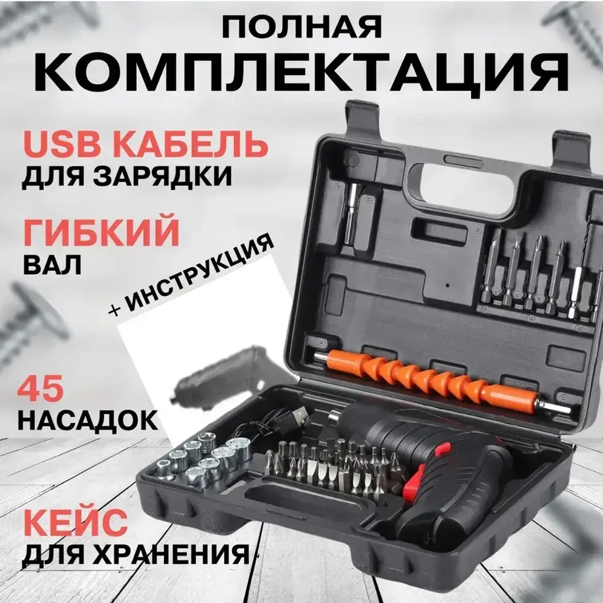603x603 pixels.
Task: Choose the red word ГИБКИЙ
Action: [x=101, y=231]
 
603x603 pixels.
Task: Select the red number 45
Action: [x=41, y=392]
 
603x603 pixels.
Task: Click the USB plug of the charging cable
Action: [x=297, y=415]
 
